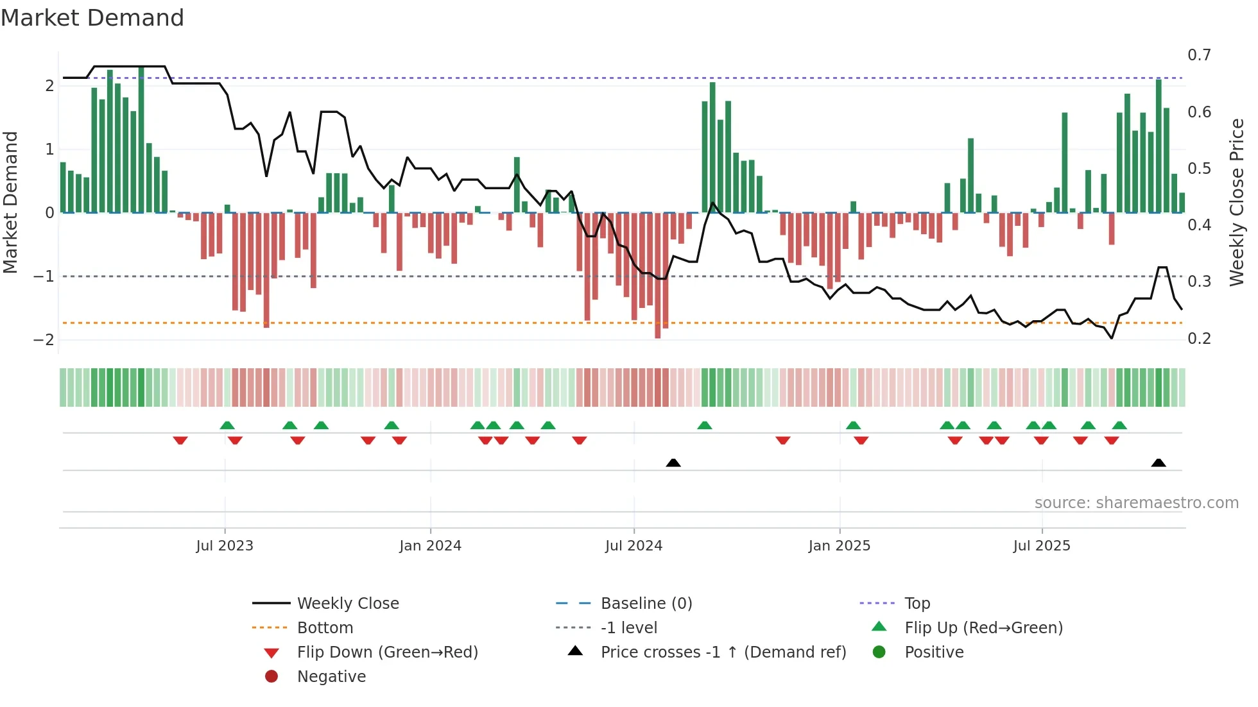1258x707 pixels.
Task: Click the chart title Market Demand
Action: click(92, 18)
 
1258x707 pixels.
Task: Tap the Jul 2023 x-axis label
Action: click(225, 546)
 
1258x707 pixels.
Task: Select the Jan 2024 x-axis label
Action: click(430, 546)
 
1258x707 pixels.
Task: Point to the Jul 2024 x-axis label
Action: click(633, 546)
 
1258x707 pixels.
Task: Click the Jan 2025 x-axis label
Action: click(839, 546)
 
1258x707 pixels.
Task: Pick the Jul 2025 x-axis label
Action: click(1042, 546)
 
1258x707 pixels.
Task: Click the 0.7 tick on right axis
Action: click(1199, 55)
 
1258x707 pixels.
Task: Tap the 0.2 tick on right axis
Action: click(1199, 338)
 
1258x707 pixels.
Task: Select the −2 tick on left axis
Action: click(44, 339)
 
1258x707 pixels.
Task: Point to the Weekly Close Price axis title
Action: click(1236, 202)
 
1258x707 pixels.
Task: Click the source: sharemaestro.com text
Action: click(1136, 503)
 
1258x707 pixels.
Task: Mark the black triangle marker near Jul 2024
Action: click(673, 463)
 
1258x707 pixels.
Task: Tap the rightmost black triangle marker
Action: click(1159, 463)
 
